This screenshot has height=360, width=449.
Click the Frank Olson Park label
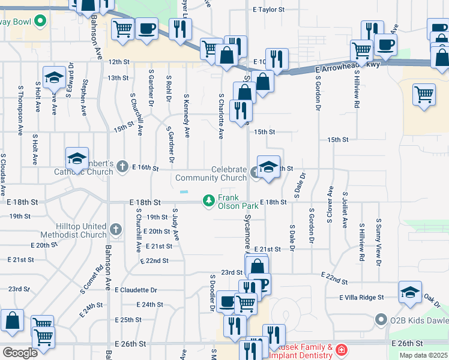point(238,202)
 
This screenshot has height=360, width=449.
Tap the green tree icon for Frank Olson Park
point(208,200)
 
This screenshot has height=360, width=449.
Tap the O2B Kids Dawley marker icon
point(381,319)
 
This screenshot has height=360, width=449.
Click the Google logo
point(20,353)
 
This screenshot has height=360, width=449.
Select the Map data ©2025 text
point(423,355)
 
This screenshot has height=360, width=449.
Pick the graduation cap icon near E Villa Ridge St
point(409,293)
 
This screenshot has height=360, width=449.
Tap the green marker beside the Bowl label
point(41,22)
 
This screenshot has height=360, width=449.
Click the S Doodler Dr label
point(212,292)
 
